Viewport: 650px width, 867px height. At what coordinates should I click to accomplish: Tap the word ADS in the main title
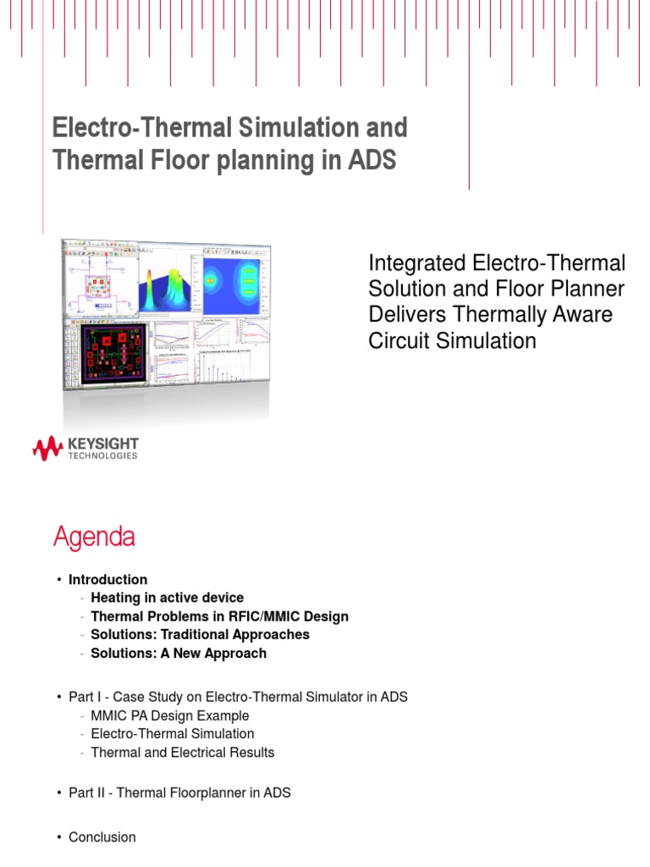pos(372,161)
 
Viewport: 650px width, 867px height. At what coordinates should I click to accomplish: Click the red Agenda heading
pos(93,537)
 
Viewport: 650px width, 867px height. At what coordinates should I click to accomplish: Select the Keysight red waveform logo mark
pos(47,449)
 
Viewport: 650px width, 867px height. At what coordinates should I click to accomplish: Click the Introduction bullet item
pos(107,580)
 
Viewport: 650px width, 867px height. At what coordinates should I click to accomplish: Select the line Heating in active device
pos(167,598)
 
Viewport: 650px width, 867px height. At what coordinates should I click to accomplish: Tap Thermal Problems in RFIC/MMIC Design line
pos(219,616)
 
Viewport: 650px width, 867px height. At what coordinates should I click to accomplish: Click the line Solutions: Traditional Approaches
pos(200,634)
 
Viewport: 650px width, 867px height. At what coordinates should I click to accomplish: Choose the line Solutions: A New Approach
pos(179,653)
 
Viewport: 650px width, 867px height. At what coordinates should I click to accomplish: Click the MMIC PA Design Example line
pos(170,715)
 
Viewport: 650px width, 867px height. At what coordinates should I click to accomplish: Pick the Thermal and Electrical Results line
pos(183,752)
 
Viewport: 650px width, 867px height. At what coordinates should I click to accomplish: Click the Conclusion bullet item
pos(102,837)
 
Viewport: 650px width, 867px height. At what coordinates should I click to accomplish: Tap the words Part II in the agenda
pos(85,793)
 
